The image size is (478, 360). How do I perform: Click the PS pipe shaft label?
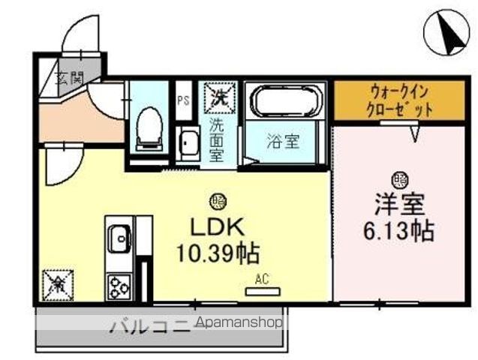point(182,99)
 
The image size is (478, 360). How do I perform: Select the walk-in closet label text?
point(401,100)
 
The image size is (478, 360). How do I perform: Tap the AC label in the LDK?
point(262,279)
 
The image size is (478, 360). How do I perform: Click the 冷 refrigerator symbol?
point(56,283)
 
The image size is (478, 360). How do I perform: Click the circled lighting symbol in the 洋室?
point(399,179)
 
